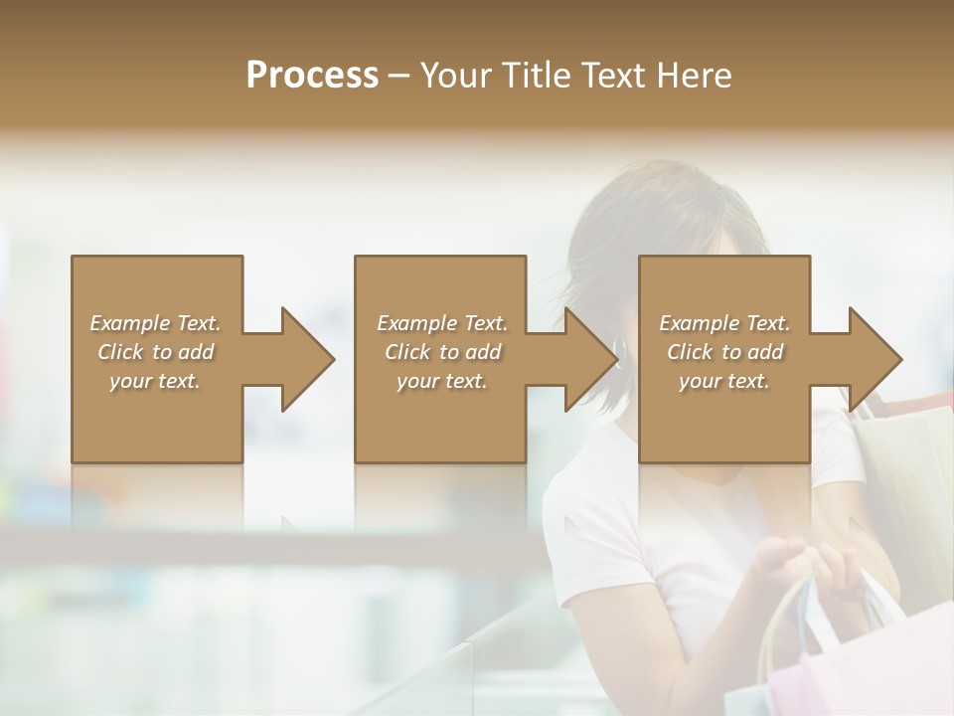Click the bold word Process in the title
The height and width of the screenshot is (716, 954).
pos(312,76)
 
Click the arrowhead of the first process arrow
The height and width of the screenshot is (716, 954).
pos(308,359)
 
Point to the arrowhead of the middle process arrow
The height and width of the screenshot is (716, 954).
pos(592,359)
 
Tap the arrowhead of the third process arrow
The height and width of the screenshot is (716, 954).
pos(875,359)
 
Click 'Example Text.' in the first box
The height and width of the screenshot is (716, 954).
pos(155,323)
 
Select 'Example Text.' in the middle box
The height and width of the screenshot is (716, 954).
pos(442,323)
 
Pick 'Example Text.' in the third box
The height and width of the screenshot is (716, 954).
pos(724,323)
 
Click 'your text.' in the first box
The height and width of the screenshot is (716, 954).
pos(155,381)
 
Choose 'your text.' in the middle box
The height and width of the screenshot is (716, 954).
pos(442,381)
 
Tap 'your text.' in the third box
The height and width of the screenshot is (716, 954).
pos(724,381)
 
